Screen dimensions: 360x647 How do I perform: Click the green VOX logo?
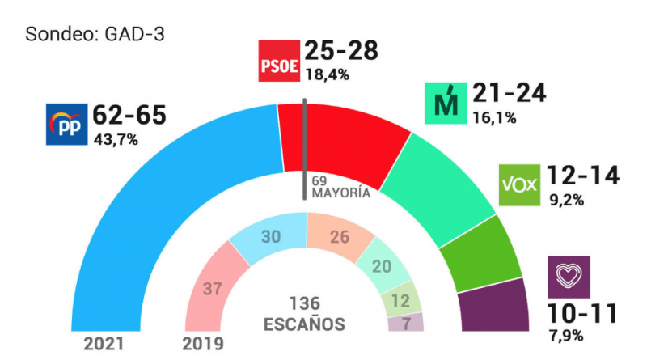pyautogui.click(x=520, y=185)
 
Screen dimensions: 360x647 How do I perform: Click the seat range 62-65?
pyautogui.click(x=130, y=115)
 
